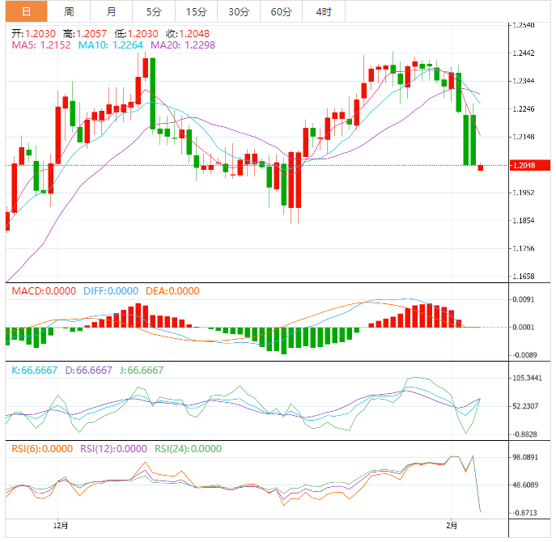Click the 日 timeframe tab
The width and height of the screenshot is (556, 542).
tap(24, 11)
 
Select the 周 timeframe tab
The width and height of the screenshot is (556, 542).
tap(69, 11)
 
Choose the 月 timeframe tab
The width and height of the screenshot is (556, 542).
tap(111, 11)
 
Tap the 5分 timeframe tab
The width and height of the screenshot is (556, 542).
tap(154, 11)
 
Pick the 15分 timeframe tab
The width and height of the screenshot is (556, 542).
tap(196, 11)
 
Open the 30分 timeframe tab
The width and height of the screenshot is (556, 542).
tap(239, 11)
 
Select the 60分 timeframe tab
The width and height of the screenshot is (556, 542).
tap(281, 11)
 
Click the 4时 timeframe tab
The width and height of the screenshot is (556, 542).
tap(324, 11)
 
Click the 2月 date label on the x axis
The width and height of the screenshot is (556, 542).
tap(452, 526)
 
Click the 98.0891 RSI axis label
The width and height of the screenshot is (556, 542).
tap(529, 457)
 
